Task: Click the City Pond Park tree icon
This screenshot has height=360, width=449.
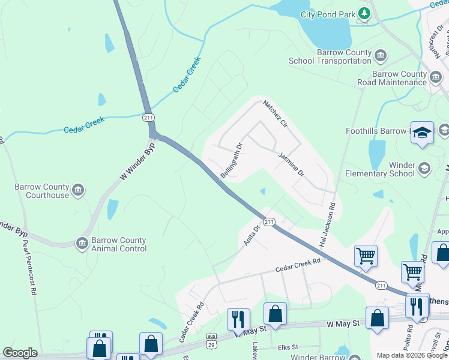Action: coord(364,13)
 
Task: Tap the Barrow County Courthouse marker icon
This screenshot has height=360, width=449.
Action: coord(77,191)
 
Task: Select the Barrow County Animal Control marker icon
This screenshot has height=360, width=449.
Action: coord(82,243)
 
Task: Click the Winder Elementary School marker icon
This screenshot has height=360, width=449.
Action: coord(425,168)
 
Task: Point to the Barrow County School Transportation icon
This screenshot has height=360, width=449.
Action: coord(381,56)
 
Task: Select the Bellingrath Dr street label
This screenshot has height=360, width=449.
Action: coord(231,160)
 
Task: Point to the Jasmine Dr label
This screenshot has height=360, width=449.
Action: coord(292,164)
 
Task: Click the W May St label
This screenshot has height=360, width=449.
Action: coord(343,324)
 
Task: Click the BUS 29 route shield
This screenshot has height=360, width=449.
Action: coord(211,340)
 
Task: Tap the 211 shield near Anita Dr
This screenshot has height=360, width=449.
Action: coord(269,222)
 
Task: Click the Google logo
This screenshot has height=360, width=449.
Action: coord(20,353)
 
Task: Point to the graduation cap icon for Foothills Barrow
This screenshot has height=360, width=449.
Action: coord(422,133)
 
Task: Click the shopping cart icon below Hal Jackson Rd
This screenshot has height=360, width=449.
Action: coord(366,256)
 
